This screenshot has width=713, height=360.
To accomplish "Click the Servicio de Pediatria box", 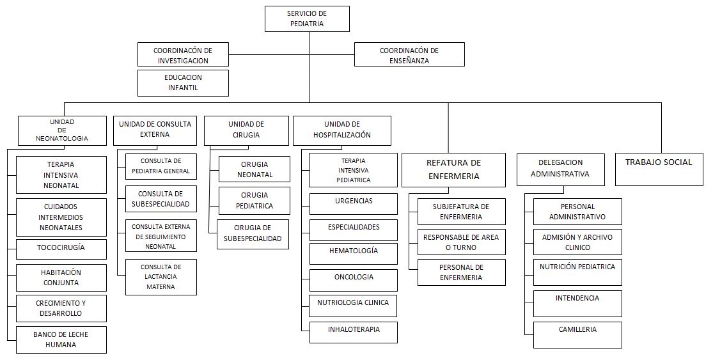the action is [307, 19].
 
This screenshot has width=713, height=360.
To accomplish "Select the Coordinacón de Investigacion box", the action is [183, 54].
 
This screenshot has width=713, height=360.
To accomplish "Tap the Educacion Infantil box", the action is [183, 82].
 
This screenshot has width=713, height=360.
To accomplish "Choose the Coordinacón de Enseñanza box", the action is [409, 54].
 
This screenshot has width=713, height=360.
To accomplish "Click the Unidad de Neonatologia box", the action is [62, 130].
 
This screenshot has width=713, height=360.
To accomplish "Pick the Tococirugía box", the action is [61, 249].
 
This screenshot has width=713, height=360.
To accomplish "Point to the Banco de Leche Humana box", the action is [61, 340].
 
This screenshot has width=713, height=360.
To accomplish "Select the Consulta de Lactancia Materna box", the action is [161, 277].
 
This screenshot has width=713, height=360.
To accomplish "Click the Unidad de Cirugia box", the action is [246, 130].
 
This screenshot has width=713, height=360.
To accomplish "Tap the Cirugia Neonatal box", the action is [255, 169].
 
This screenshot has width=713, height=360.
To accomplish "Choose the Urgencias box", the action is [354, 203].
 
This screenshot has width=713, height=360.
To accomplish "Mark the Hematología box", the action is [354, 254].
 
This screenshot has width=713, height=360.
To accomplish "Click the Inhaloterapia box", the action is [354, 333].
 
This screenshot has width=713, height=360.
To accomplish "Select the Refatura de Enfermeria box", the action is [453, 170].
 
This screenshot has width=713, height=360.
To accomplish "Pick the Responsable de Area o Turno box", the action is [462, 242].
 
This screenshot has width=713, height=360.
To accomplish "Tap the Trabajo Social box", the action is [659, 169].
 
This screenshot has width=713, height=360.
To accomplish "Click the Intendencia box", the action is [577, 304].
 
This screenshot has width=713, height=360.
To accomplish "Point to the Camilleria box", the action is [577, 335].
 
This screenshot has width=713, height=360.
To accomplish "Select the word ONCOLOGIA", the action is [354, 277].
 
